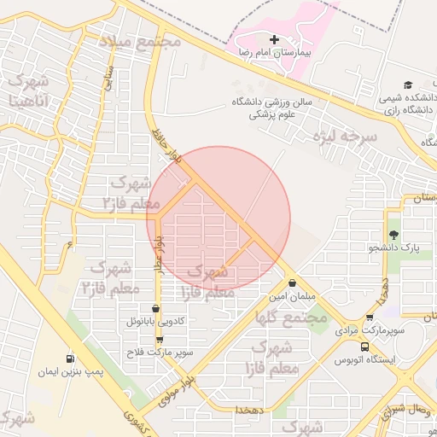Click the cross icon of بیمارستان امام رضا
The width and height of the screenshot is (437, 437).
[274, 39]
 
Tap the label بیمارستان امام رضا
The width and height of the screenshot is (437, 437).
[275, 53]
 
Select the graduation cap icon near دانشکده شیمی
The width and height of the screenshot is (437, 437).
[408, 84]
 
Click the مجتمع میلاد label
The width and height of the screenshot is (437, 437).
[140, 41]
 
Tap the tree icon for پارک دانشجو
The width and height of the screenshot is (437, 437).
[393, 235]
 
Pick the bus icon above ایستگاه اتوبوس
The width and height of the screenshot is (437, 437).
[365, 347]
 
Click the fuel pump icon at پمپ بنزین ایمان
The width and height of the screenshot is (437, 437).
[69, 358]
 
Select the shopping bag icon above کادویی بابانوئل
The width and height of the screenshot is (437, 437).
[154, 309]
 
